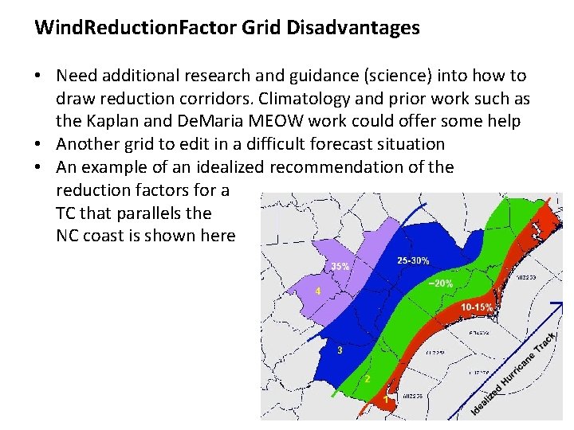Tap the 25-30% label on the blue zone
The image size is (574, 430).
(413, 260)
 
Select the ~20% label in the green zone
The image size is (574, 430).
(441, 283)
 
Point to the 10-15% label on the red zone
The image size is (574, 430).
(478, 307)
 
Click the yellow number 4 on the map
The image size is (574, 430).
(318, 291)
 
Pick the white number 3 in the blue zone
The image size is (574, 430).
(340, 350)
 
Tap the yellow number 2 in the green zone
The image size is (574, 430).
(368, 379)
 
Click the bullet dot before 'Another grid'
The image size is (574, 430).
(38, 144)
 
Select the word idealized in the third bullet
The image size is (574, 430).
(227, 167)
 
